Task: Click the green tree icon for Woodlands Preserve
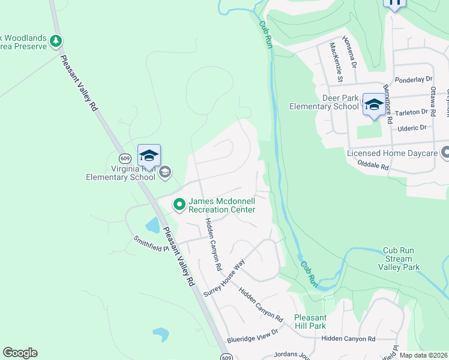[x=56, y=41]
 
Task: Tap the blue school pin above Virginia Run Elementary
[x=149, y=156]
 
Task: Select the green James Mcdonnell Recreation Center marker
[x=179, y=205]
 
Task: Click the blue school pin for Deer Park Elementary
[x=373, y=105]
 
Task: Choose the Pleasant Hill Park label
[x=310, y=322]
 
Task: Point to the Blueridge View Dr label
[x=253, y=340]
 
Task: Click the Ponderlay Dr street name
[x=414, y=79]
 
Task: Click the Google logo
[x=20, y=353]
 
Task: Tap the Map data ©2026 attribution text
[x=423, y=355]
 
